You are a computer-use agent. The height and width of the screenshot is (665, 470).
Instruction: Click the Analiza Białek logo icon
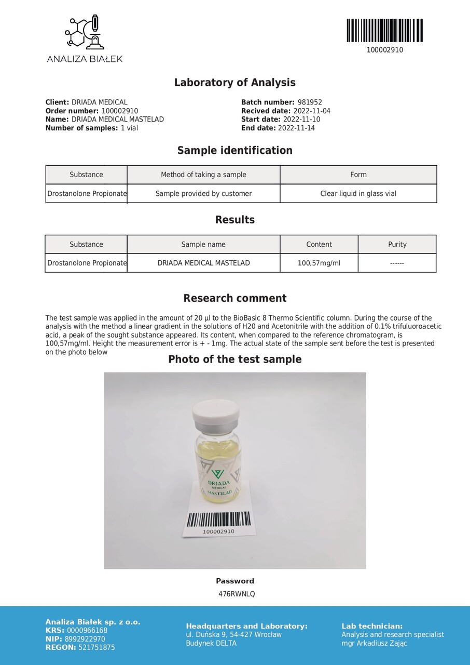(85, 33)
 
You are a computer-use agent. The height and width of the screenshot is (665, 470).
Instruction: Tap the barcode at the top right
(384, 31)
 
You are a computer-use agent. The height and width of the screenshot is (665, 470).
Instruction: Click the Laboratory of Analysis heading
(234, 83)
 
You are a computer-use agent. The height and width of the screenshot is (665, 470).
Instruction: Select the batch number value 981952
(310, 102)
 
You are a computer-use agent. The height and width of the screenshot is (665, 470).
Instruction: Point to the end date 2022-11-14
(296, 128)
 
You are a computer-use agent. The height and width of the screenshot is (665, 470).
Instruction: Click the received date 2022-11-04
(312, 111)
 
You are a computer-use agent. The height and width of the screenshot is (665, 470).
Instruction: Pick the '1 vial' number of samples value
(129, 128)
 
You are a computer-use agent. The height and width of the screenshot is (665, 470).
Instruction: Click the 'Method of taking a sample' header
(203, 175)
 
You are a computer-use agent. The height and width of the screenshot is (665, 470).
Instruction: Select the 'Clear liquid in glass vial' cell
(358, 194)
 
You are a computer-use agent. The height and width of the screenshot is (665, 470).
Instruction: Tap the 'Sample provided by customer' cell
(203, 194)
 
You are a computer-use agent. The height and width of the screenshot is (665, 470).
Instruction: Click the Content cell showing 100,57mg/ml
(319, 263)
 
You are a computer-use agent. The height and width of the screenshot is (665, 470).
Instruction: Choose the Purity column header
(397, 244)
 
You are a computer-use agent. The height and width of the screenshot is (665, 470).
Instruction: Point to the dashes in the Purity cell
(397, 263)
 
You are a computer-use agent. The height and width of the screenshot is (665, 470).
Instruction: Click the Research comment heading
(234, 298)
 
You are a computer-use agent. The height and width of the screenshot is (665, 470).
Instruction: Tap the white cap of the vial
(216, 413)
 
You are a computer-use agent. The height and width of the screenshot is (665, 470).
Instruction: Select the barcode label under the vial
(218, 522)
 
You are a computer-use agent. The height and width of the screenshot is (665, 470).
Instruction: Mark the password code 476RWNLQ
(237, 594)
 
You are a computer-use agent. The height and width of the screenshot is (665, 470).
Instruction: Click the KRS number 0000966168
(87, 631)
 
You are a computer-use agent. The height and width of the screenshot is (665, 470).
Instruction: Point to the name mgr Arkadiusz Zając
(374, 643)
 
